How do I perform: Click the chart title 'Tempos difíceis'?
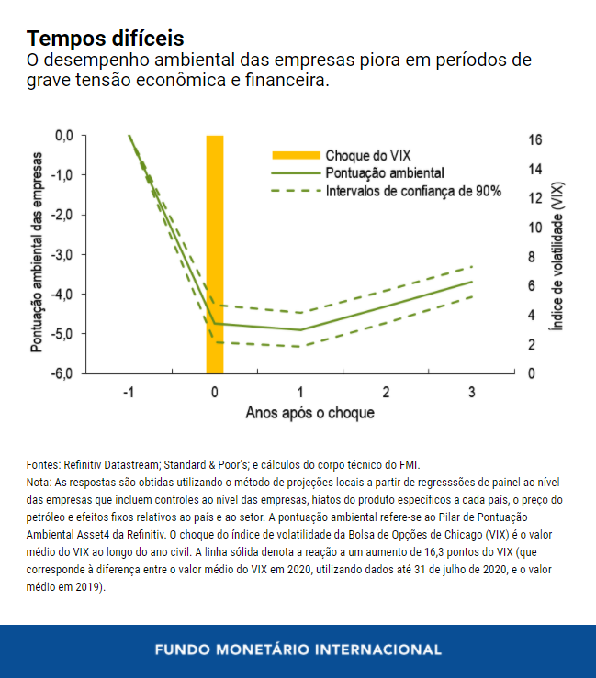pos(105,39)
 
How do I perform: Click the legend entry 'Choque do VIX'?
pos(368,155)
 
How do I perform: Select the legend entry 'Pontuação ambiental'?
pos(385,172)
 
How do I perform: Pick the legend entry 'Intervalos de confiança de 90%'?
pos(413,191)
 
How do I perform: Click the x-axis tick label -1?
pos(129,393)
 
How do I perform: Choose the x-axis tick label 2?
pos(386,393)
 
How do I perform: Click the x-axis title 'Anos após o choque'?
pos(309,413)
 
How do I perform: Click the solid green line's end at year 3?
pos(472,282)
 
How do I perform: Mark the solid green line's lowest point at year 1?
pos(300,329)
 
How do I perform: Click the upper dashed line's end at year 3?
pos(472,266)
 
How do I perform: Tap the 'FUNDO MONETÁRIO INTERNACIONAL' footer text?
pos(298,650)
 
